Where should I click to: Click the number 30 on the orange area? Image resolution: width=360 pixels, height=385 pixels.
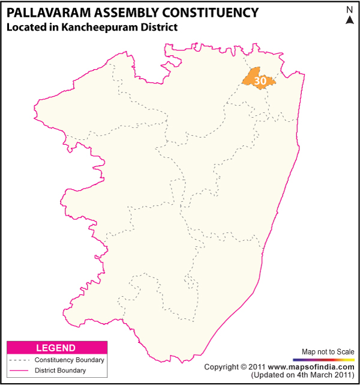pos(260,80)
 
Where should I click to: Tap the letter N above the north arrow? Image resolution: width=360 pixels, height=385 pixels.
pos(350,10)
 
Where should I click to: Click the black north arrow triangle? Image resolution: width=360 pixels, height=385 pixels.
pos(350,20)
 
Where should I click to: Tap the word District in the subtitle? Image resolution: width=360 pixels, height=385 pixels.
pos(161,27)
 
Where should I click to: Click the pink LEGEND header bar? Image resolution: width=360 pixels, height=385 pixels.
pos(56,348)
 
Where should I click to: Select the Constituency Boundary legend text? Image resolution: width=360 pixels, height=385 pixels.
pos(69,360)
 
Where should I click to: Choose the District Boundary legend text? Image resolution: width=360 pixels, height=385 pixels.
pos(60,371)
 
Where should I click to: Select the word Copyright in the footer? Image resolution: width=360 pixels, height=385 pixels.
pos(222,366)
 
